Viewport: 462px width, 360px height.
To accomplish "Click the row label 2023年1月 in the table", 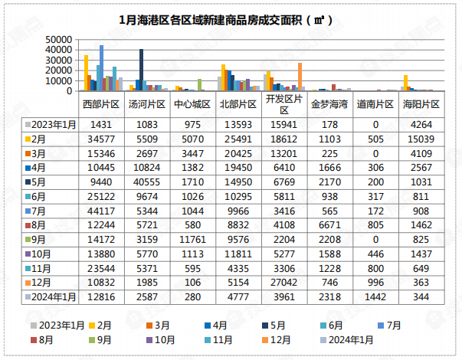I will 52,124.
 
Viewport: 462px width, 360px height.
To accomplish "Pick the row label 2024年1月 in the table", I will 52,297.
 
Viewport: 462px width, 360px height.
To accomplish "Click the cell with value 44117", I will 100,211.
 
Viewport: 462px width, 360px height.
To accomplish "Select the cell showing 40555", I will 145,182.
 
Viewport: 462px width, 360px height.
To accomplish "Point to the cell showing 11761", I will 189,240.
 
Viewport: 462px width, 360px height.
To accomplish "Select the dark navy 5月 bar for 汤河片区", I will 141,70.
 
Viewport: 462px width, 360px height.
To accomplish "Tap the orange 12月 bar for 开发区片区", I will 300,77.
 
